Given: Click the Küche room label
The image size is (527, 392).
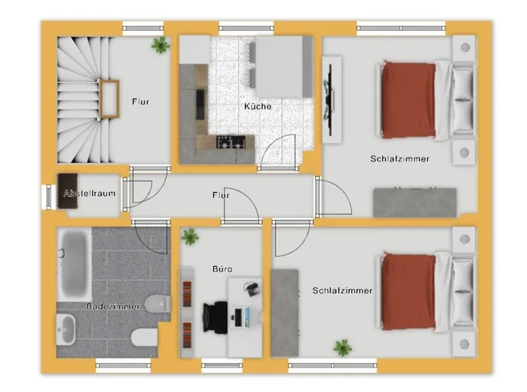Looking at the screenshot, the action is (258, 106).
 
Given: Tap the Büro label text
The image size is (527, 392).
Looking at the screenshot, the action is (222, 269).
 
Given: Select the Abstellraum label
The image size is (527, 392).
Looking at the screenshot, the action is (90, 194).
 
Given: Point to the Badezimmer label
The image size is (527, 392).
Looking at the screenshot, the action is (113, 306).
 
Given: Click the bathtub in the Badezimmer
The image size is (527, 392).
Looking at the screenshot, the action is (74, 264).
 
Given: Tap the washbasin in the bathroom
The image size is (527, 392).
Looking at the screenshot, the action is (65, 330).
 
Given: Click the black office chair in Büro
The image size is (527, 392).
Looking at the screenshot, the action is (215, 317).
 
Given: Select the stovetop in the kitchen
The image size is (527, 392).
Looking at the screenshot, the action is (230, 142).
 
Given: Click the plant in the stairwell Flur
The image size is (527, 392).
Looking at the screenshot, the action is (161, 45).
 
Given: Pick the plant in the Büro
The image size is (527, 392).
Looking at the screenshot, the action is (190, 236).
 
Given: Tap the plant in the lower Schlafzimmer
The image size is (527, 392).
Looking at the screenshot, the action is (343, 347).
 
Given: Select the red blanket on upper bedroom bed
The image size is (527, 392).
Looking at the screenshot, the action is (409, 100).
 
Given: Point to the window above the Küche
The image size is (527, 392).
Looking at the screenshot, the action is (247, 28).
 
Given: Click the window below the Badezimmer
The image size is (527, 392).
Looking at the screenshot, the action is (124, 365).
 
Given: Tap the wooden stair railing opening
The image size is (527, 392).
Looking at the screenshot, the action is (110, 99).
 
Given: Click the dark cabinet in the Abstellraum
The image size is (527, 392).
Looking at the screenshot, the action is (68, 191).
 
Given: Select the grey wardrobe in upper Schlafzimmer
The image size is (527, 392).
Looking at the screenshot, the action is (415, 202).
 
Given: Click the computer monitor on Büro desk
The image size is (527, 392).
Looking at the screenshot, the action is (238, 317).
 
